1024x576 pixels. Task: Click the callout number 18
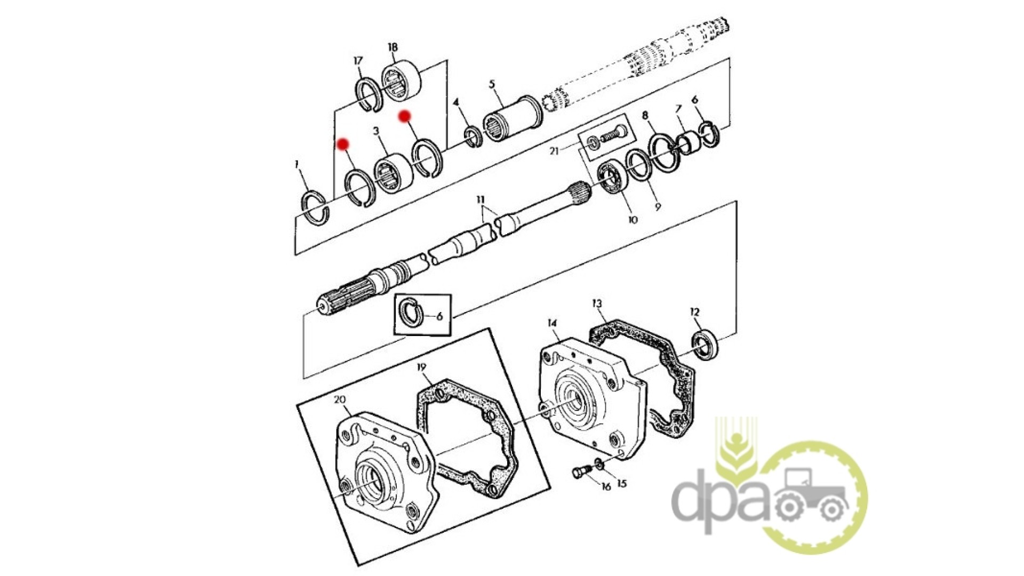[393, 47]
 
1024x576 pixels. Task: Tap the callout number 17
[358, 60]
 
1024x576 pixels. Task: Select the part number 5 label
[492, 84]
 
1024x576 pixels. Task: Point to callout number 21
[554, 151]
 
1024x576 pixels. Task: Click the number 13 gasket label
[597, 303]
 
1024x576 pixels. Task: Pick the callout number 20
[340, 399]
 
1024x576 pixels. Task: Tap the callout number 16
[606, 486]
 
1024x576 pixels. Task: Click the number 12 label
[694, 312]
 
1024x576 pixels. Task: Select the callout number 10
[633, 219]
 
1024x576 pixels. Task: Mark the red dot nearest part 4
[405, 116]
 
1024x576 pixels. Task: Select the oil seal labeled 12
[705, 346]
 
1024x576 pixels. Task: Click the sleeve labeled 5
[513, 118]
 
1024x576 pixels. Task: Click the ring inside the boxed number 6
[411, 311]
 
